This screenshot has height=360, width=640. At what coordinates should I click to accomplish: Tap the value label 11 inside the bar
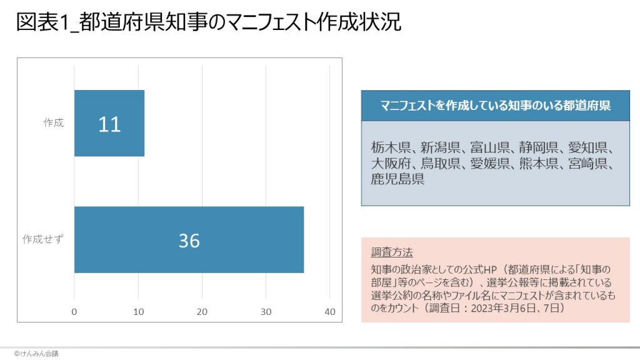pyautogui.click(x=109, y=124)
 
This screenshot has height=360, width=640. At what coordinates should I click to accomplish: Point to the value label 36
pyautogui.click(x=189, y=241)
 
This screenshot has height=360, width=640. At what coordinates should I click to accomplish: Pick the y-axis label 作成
pyautogui.click(x=53, y=123)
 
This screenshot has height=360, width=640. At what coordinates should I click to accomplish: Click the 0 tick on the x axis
pyautogui.click(x=74, y=312)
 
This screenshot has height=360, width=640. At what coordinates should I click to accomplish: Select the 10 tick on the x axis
pyautogui.click(x=138, y=312)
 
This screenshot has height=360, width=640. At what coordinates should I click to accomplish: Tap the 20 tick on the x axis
pyautogui.click(x=202, y=312)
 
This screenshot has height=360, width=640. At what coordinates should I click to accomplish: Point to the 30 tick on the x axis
pyautogui.click(x=266, y=312)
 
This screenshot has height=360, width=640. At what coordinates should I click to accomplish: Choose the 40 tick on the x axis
pyautogui.click(x=330, y=312)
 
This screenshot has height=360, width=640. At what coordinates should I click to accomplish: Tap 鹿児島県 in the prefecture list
pyautogui.click(x=397, y=180)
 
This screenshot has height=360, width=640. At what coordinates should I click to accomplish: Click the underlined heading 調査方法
pyautogui.click(x=392, y=252)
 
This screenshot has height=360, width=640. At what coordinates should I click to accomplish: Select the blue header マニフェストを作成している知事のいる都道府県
pyautogui.click(x=496, y=106)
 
